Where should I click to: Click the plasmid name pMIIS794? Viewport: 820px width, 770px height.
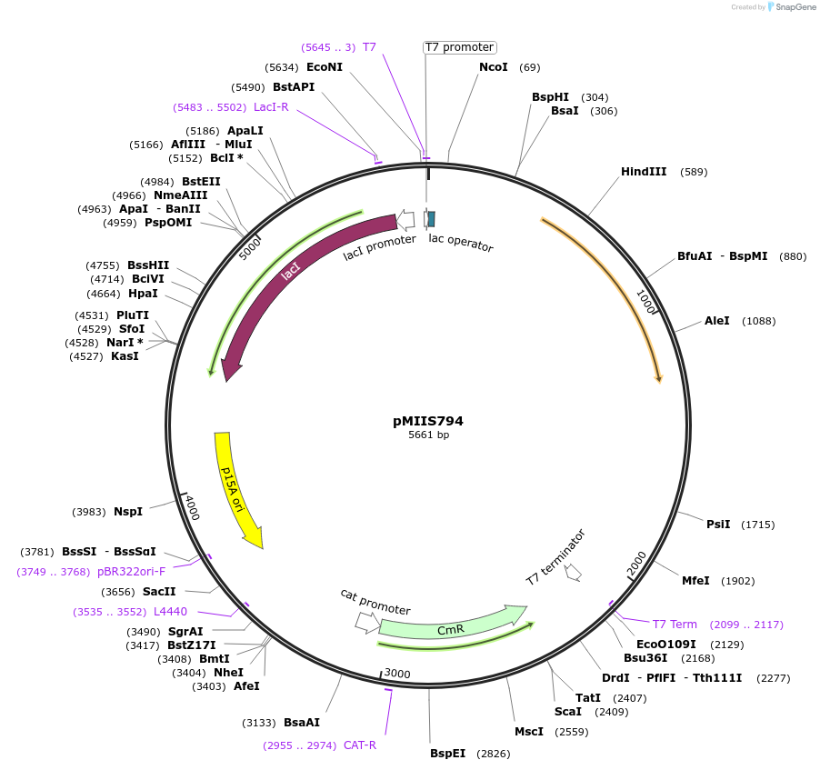[428, 421]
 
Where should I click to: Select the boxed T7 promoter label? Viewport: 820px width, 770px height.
[460, 47]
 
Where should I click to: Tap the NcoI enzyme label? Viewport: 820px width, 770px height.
[494, 67]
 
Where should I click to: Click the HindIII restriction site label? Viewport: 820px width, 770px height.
[644, 172]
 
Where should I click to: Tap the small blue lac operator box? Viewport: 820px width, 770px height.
[431, 218]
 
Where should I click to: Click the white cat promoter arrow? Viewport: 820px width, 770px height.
[367, 622]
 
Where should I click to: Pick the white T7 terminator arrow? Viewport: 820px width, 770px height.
[573, 572]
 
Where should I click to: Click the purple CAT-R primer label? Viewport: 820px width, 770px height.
[360, 745]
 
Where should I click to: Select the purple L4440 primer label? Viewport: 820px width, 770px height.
[170, 612]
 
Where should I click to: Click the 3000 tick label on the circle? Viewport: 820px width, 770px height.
[396, 673]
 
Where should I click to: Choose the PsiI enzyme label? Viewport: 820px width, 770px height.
[718, 525]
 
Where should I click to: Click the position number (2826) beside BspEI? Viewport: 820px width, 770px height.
[492, 754]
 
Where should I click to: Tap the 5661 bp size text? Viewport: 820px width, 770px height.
[428, 435]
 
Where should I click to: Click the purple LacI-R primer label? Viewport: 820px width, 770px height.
[271, 107]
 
